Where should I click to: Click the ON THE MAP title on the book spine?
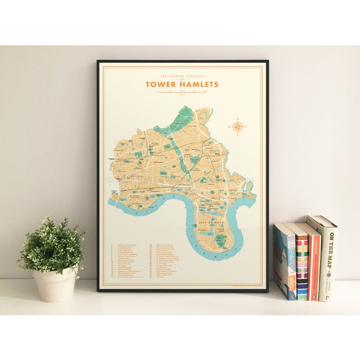click(329, 252)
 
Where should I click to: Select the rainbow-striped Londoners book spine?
click(302, 267)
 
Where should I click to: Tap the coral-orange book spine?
click(313, 262)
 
